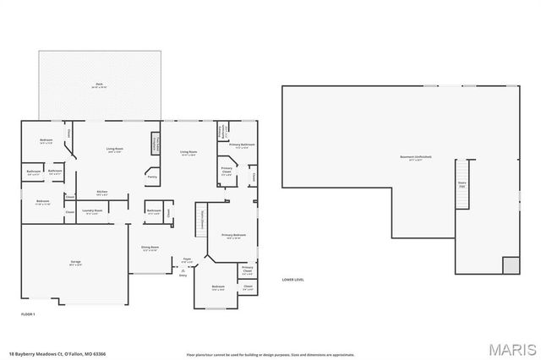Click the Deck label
(99, 84)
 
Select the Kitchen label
(101, 192)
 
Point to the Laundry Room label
(93, 211)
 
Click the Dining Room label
(150, 248)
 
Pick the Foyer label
(188, 259)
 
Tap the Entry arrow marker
(183, 270)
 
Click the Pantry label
(152, 177)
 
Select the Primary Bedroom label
(234, 236)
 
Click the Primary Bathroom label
(242, 145)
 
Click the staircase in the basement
(462, 183)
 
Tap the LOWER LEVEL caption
(293, 279)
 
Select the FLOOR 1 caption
(29, 314)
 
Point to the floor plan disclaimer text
(270, 353)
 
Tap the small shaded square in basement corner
(511, 265)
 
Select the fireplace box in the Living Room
(156, 143)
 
